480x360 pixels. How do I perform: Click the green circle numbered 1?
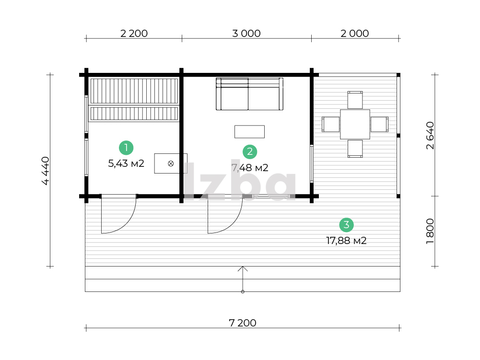(126, 148)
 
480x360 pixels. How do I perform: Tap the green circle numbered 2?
(250, 152)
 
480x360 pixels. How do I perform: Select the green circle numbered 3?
(347, 225)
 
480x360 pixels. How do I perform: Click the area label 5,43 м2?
(126, 163)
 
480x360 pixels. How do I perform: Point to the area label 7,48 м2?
(250, 168)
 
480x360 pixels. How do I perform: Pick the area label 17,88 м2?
(347, 241)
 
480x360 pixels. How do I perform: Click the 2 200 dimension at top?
(134, 34)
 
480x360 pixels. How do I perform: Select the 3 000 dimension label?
(246, 34)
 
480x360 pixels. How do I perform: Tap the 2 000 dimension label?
(355, 34)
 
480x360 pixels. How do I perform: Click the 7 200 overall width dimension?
(243, 323)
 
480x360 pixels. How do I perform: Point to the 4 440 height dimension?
(45, 171)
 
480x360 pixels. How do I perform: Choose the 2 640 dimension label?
(431, 136)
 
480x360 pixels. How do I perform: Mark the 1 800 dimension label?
(431, 232)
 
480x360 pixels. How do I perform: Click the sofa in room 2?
(249, 94)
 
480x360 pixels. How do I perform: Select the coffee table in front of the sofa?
(249, 132)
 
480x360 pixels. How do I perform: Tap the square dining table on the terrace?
(355, 124)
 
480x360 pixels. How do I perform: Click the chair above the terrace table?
(355, 100)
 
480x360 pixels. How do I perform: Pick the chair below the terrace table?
(355, 149)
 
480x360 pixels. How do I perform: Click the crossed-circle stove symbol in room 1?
(171, 163)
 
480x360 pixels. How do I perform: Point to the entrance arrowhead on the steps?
(243, 268)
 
